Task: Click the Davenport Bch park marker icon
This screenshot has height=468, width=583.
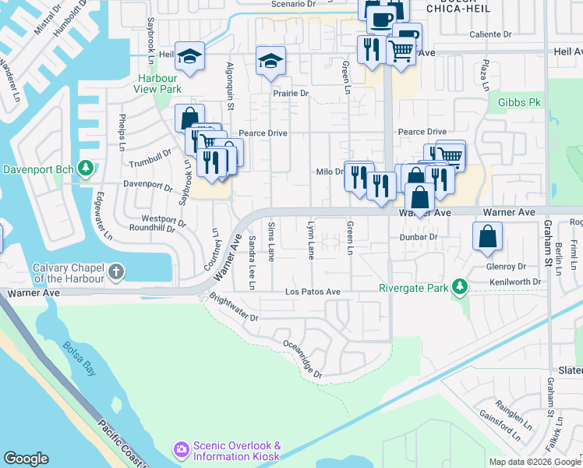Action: coord(87,168)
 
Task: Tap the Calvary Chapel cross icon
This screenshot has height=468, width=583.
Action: coord(116,272)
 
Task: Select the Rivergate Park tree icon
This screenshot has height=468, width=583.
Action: coord(461,288)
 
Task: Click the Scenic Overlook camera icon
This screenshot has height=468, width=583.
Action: coord(181,449)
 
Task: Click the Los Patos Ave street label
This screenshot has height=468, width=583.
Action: coord(313,292)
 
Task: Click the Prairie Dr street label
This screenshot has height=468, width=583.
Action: coord(291,93)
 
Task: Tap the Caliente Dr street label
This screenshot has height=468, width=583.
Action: coord(490,34)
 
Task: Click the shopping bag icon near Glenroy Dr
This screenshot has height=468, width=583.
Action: coord(487,238)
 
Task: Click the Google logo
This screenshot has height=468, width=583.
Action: coord(26,459)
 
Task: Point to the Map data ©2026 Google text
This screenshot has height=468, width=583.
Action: coord(534,462)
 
